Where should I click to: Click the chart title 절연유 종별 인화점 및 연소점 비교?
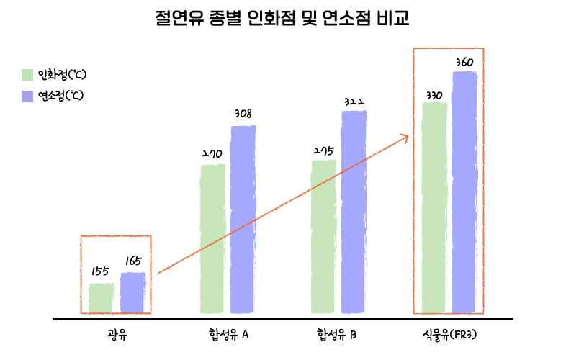[x=282, y=17]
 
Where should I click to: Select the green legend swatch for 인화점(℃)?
[x=27, y=74]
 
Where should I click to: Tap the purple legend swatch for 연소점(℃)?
[x=27, y=96]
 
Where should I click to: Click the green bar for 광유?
[x=101, y=298]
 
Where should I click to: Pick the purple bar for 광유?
[x=132, y=293]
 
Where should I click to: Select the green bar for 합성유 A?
[x=212, y=239]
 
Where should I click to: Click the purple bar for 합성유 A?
[x=243, y=220]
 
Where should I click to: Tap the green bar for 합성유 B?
[x=323, y=236]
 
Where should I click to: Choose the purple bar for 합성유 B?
[x=354, y=212]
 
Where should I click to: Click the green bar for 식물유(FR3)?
[x=434, y=208]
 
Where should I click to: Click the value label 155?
[x=100, y=271]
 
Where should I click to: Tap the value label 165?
[x=132, y=261]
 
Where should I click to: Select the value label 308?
[x=243, y=114]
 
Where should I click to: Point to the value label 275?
[x=323, y=150]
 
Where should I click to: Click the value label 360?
[x=464, y=62]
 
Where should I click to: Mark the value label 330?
[x=434, y=95]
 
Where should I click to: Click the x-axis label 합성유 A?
[x=225, y=335]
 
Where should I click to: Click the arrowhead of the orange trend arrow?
[x=406, y=137]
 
